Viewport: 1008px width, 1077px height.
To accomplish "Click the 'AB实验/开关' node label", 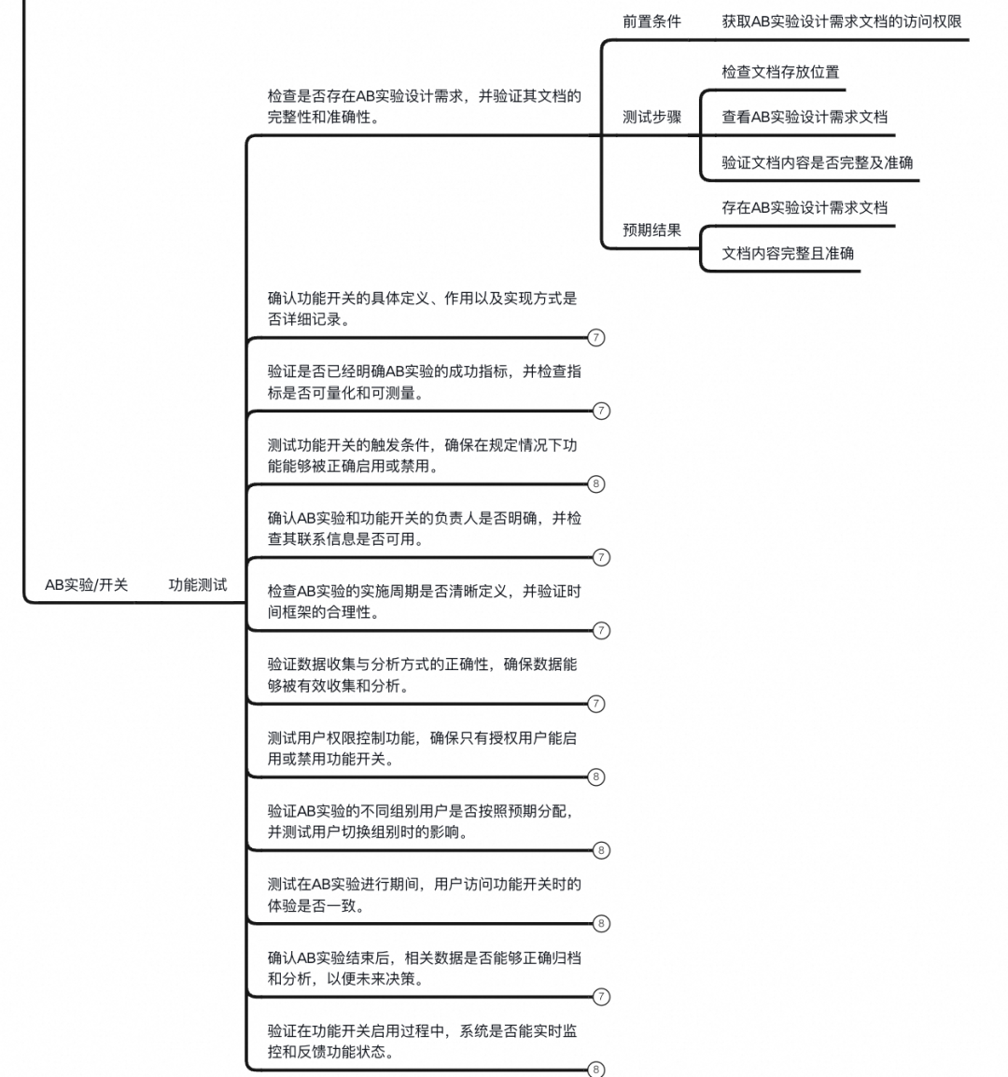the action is (x=86, y=585).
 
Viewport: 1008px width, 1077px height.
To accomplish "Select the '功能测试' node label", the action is (x=197, y=585).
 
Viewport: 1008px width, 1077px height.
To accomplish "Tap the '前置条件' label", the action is (x=651, y=21).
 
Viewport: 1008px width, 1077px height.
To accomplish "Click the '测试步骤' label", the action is (x=651, y=118).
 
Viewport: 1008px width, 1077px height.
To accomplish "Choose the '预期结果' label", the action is (x=651, y=231).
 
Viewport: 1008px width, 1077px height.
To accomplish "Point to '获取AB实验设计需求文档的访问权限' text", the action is (x=841, y=21).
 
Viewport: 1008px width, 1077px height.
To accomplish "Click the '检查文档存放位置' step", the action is (x=779, y=72).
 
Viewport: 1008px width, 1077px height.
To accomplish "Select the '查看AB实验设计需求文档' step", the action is (x=804, y=118).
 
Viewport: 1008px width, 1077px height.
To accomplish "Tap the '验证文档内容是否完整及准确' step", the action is (x=817, y=162).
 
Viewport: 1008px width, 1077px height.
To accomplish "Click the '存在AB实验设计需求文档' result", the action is (x=804, y=208).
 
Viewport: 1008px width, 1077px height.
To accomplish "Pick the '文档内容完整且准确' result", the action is (x=787, y=253).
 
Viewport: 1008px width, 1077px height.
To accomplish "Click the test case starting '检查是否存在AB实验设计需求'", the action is (x=424, y=106).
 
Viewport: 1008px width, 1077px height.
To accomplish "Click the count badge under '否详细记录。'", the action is (x=596, y=338).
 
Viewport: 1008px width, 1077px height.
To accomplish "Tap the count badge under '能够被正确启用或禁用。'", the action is (x=596, y=483).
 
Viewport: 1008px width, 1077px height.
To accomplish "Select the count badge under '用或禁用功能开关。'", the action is (x=596, y=776).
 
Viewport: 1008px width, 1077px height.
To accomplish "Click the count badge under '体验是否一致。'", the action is (x=601, y=923).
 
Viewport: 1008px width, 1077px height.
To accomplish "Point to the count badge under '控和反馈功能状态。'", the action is (x=596, y=1070).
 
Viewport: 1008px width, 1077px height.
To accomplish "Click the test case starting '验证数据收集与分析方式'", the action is (x=422, y=675).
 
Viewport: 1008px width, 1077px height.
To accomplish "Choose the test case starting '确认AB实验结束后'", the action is (x=424, y=968).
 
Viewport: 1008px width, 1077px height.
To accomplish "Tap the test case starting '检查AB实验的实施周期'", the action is (x=424, y=602).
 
